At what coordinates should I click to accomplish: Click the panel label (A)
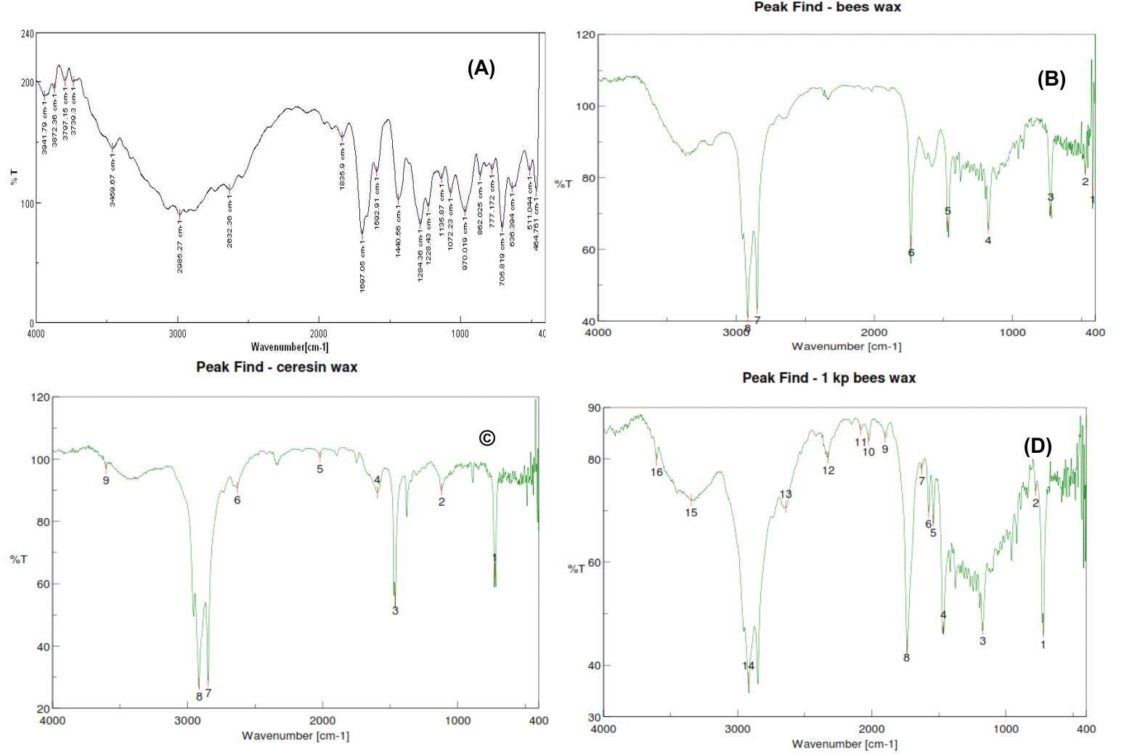[481, 68]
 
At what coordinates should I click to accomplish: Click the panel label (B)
[1051, 79]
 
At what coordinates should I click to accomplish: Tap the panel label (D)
[1037, 446]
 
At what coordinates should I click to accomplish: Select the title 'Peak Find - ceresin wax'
[277, 367]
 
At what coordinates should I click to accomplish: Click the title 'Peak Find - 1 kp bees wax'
[828, 378]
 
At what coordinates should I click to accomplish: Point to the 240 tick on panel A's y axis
[28, 33]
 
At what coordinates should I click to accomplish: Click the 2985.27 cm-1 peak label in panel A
[180, 248]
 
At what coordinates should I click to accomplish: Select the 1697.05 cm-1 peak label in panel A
[362, 266]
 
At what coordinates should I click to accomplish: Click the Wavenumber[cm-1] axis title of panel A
[289, 347]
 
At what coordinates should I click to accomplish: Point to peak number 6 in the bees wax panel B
[911, 253]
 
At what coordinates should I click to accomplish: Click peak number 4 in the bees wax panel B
[987, 240]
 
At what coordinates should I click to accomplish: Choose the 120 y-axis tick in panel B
[586, 35]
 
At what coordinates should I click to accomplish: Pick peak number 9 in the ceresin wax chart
[106, 480]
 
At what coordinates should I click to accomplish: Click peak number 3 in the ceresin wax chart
[395, 611]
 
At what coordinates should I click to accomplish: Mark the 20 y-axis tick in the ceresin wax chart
[44, 708]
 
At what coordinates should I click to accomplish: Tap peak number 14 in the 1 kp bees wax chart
[748, 666]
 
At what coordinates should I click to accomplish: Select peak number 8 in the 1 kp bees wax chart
[906, 658]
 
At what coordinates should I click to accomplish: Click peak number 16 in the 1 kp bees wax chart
[656, 472]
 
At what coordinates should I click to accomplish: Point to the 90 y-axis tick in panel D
[594, 408]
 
